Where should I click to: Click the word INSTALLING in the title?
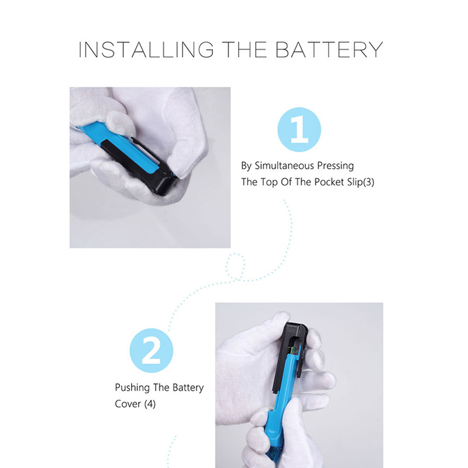coord(146,50)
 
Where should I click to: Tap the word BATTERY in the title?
coord(329,50)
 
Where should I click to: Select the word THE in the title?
coord(245,50)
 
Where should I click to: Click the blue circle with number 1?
coord(299,129)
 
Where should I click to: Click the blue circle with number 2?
coord(152,350)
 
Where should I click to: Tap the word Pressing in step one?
coord(335,166)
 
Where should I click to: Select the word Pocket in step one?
coord(329,182)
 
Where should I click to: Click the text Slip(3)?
coord(361,182)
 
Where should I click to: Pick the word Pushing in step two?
coord(132,388)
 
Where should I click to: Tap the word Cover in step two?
coord(128,404)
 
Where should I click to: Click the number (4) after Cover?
coord(150,404)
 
